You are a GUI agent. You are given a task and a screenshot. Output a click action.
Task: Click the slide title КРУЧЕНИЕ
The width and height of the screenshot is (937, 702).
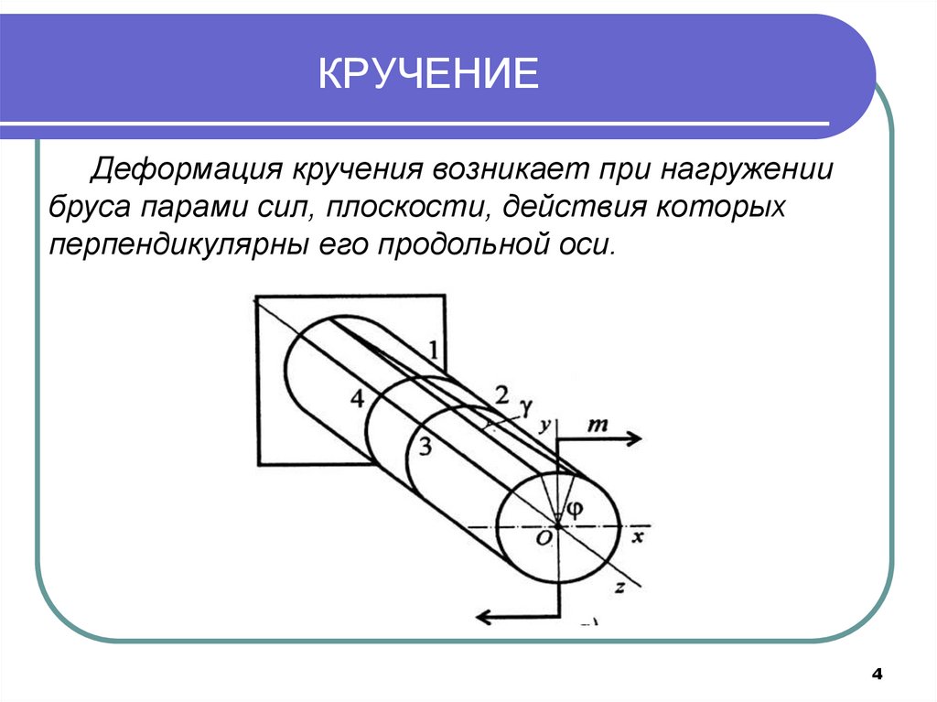click(428, 74)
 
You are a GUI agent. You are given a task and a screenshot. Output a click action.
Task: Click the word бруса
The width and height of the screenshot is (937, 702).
click(88, 209)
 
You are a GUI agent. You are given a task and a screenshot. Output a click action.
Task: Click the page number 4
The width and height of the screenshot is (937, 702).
click(877, 675)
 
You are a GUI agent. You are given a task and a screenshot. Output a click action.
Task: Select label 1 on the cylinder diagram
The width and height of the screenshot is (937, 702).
click(433, 349)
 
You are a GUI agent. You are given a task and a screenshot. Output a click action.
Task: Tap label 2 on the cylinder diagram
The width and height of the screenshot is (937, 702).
click(501, 395)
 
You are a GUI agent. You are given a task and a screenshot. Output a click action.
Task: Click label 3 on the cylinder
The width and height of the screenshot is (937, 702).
click(423, 447)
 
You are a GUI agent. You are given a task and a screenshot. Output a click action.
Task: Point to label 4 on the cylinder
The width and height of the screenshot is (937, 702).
click(357, 398)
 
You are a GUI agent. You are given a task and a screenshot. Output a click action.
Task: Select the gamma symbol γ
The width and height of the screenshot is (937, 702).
click(525, 405)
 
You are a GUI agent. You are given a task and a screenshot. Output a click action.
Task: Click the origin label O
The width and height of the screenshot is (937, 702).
click(544, 540)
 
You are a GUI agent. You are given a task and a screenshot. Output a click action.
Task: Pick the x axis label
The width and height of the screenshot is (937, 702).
click(638, 537)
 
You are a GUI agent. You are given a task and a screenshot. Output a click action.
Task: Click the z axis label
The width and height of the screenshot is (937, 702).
click(619, 589)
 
